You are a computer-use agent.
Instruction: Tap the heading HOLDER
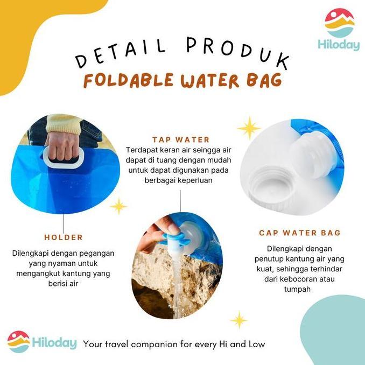[64, 237]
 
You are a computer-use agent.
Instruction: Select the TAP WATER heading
[181, 139]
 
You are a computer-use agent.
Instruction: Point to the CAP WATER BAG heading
[299, 233]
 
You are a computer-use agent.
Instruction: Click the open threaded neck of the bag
[269, 186]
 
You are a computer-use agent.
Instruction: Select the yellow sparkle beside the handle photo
[118, 206]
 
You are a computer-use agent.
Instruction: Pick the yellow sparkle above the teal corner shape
[238, 320]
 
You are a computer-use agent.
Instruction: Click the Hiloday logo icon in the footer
[18, 342]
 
